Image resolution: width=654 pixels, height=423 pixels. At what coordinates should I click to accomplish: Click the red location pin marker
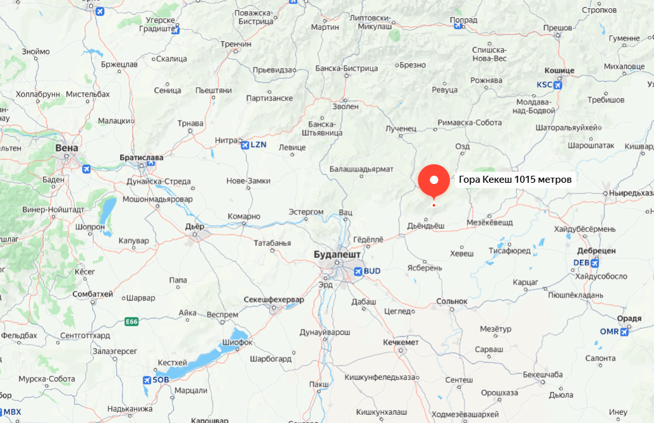[433, 180]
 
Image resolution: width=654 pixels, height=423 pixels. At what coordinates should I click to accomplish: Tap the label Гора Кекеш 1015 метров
[515, 180]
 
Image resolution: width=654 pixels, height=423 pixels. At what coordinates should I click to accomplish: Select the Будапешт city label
[337, 254]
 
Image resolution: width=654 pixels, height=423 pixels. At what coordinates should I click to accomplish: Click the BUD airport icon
[359, 271]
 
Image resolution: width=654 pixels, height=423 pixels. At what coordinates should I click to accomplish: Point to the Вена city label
[67, 148]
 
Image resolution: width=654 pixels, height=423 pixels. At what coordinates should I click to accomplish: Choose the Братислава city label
[142, 157]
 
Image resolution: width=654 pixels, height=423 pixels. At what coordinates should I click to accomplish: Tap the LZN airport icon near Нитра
[245, 145]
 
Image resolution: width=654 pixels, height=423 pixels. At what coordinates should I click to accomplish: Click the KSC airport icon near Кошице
[557, 85]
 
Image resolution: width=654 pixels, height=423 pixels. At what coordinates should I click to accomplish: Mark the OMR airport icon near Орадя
[624, 332]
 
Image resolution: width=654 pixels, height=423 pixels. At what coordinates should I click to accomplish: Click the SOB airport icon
[147, 380]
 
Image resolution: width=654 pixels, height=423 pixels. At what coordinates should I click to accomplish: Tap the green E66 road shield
[131, 322]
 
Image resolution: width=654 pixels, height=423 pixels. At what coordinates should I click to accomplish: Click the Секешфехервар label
[274, 299]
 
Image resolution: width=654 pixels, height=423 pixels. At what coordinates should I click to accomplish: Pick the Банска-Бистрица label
[346, 68]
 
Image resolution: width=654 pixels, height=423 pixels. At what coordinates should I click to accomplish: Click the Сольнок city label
[451, 302]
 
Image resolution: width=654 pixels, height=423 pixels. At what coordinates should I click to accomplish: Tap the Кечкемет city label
[401, 342]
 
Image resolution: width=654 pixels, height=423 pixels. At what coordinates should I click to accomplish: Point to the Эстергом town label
[306, 212]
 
